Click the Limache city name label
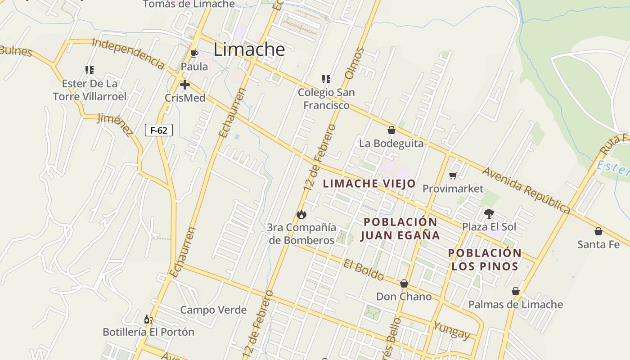[x=249, y=49]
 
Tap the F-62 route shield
[x=159, y=130]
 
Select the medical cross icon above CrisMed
[x=184, y=85]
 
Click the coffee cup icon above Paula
[x=194, y=54]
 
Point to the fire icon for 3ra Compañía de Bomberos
[x=301, y=214]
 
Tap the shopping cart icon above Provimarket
[x=453, y=175]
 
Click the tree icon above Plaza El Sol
[x=489, y=213]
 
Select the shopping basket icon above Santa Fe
[x=598, y=231]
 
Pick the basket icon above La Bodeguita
[x=391, y=130]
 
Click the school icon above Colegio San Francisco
[x=326, y=79]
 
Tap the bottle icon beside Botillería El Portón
[x=148, y=319]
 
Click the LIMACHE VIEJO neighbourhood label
[x=369, y=184]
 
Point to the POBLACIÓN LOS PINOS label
[x=485, y=260]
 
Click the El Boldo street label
[x=364, y=269]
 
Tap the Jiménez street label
[x=116, y=124]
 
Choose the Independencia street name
[x=128, y=53]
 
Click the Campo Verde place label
[x=213, y=310]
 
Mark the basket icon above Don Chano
[x=404, y=283]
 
